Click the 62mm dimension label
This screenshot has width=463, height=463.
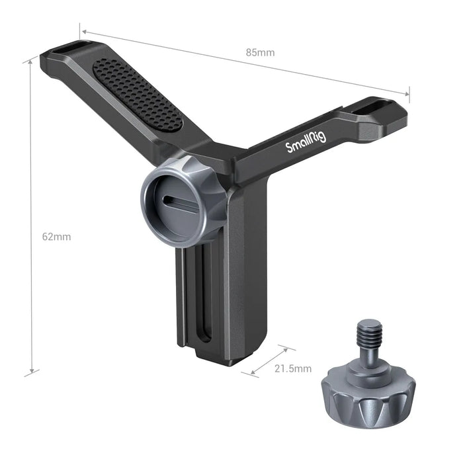(56, 236)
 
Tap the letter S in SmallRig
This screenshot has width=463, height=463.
(290, 148)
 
